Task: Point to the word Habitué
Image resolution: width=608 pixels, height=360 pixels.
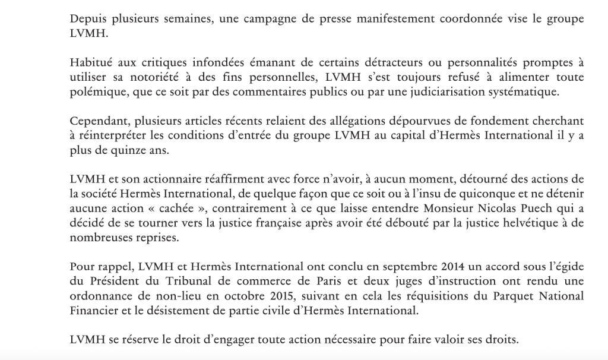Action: [89, 64]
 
